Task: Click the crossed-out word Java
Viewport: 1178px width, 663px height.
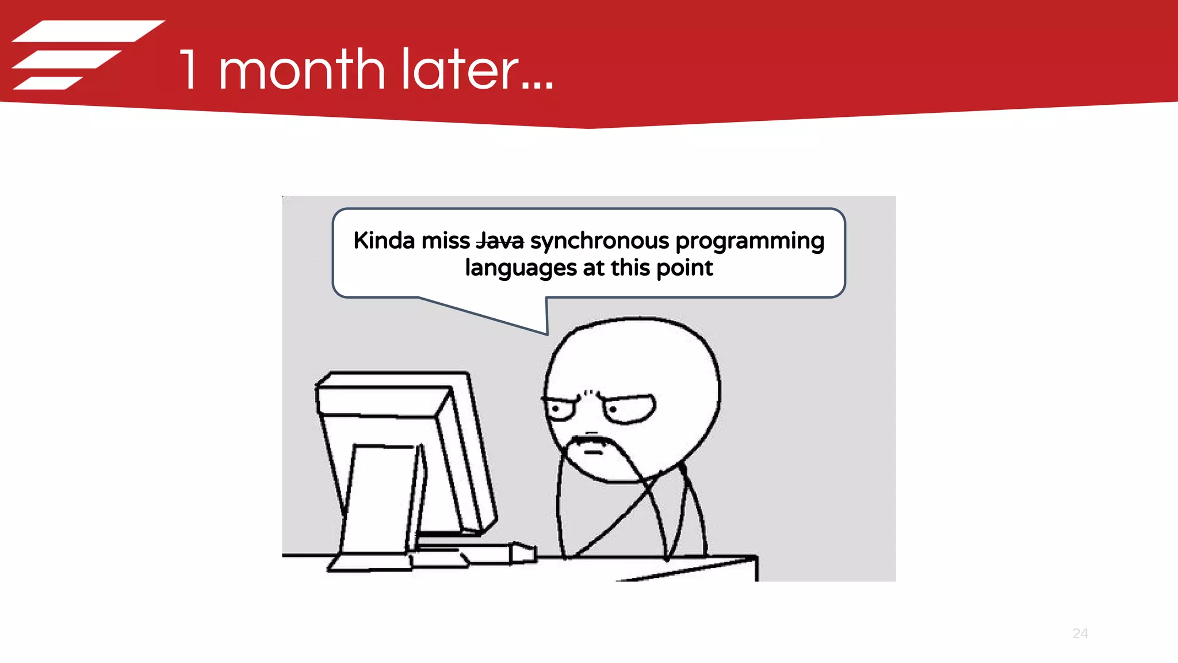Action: tap(500, 241)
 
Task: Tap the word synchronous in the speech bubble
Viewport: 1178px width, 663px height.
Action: tap(599, 241)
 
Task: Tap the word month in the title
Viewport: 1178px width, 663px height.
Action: tap(301, 70)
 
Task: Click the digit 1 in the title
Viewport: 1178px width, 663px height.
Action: tap(189, 70)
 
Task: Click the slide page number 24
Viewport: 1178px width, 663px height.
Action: tap(1080, 634)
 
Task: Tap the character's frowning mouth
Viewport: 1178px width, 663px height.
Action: tap(592, 452)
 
